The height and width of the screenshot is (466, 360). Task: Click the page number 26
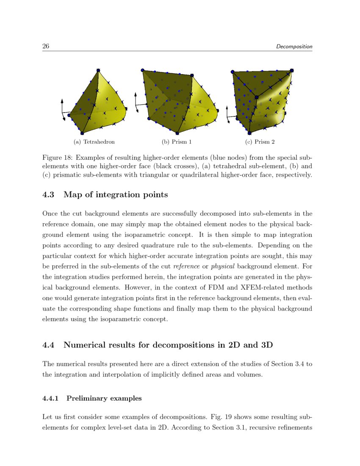(46, 46)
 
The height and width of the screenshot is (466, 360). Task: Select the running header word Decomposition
(294, 47)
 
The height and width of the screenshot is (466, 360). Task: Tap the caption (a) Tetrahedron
(94, 141)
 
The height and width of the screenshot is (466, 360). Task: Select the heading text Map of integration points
(116, 195)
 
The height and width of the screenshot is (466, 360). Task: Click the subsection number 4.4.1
(53, 398)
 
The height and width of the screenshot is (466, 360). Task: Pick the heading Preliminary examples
(104, 398)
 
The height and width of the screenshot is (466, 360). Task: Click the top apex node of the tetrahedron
(98, 70)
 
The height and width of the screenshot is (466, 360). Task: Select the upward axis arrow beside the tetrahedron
(62, 104)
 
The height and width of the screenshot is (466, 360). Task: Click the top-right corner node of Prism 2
(292, 70)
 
